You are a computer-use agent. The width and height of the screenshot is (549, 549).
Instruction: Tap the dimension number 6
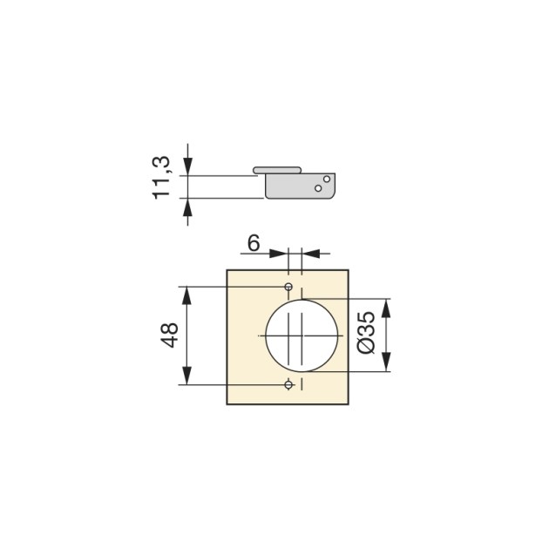click(253, 243)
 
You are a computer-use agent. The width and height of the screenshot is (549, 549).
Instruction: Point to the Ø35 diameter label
click(366, 334)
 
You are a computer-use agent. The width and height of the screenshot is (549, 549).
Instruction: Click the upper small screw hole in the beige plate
click(288, 287)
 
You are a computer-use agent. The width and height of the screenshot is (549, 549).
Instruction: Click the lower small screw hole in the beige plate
click(288, 384)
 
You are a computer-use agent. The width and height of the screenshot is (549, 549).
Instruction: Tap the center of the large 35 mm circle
click(302, 335)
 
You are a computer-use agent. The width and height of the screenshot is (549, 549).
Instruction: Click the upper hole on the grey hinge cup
click(327, 180)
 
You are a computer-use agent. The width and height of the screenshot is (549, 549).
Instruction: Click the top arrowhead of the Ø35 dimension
click(388, 306)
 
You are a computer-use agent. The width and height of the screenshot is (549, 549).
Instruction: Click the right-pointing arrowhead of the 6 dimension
click(281, 254)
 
